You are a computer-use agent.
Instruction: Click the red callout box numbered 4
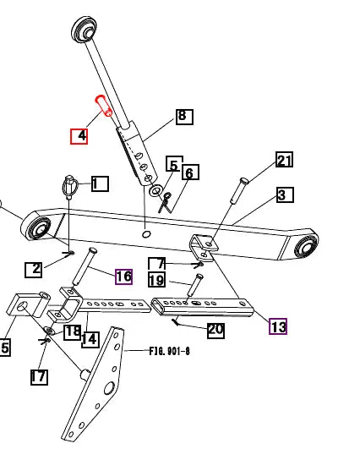coord(79,136)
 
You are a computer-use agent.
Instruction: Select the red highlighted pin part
coord(103,106)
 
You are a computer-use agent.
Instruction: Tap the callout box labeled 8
coord(184,117)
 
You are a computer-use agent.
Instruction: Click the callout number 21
coord(284,160)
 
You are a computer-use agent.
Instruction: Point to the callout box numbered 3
coord(285,194)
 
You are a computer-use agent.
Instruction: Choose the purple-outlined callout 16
coord(123,277)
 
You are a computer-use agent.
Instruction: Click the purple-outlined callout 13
coord(278,326)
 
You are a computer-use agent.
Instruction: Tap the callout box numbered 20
coord(215,331)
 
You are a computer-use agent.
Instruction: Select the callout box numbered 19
coord(157,280)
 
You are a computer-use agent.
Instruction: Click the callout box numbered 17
coord(39,377)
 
